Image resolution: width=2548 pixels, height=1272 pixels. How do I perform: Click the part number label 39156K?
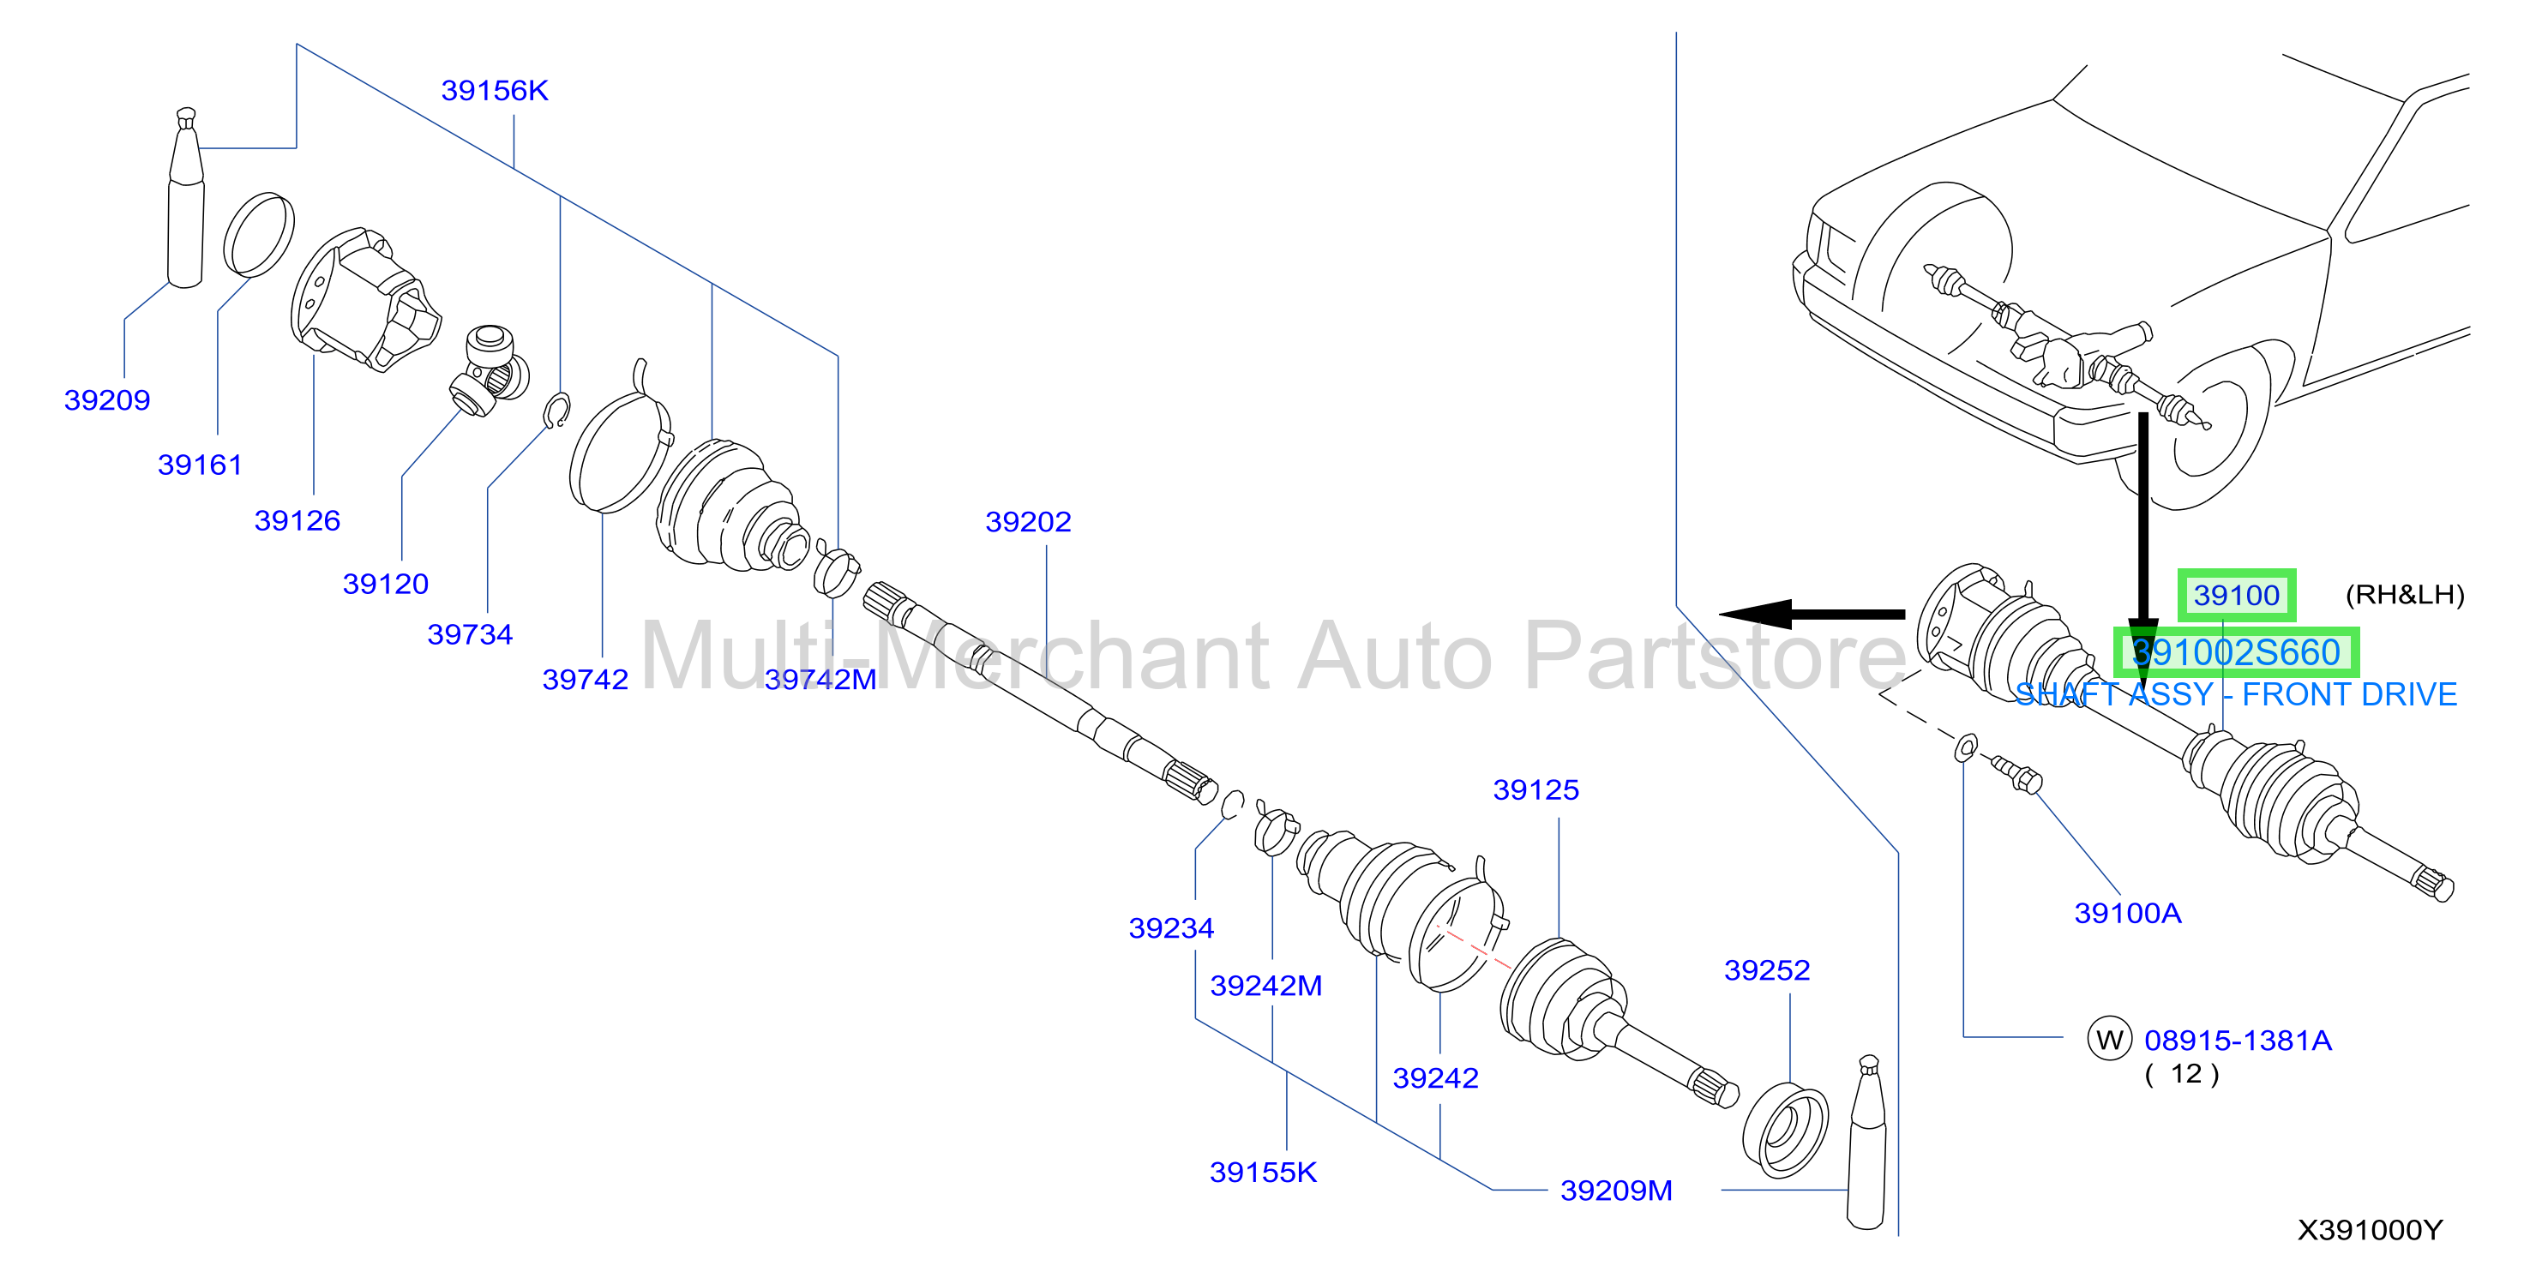point(494,91)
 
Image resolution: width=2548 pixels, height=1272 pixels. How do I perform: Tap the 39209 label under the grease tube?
point(107,400)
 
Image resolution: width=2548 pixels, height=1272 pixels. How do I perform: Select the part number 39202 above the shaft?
point(1028,522)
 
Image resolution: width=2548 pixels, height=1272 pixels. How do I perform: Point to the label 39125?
point(1535,790)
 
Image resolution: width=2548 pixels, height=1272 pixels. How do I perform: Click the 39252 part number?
point(1767,970)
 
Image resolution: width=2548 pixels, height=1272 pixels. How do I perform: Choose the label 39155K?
point(1263,1173)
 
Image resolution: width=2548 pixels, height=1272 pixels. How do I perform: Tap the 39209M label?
point(1616,1191)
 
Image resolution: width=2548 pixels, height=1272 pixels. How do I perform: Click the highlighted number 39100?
point(2237,596)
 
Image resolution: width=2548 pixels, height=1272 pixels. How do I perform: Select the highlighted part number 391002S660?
point(2235,653)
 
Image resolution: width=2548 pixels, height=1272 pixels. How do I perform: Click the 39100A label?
point(2128,913)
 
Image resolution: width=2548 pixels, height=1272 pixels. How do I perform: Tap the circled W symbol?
point(2109,1040)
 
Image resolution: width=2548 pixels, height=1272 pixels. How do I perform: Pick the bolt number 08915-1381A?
point(2238,1041)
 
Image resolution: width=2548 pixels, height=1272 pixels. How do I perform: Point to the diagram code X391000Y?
point(2369,1231)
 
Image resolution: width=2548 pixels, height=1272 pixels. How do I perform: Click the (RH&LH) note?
point(2405,595)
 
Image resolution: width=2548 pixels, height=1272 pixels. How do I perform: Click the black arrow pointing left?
point(1812,615)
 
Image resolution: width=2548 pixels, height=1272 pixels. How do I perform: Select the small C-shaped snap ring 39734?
point(558,411)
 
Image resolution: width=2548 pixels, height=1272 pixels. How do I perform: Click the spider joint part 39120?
point(489,371)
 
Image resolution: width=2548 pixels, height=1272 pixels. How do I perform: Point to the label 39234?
point(1171,929)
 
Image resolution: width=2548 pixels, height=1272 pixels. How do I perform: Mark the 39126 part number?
point(297,521)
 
